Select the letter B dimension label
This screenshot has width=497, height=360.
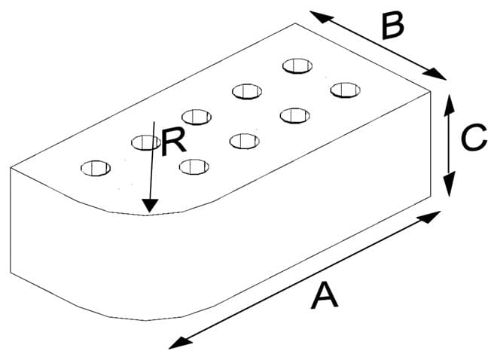[x=392, y=27]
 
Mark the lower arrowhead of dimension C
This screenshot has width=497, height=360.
[x=449, y=192]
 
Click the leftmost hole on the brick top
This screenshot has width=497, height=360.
[x=96, y=167]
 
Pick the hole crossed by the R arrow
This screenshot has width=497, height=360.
[x=145, y=141]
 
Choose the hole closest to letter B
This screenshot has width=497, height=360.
[x=297, y=66]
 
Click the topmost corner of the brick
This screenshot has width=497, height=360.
[x=294, y=23]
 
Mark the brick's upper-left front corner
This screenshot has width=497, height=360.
[x=11, y=167]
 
